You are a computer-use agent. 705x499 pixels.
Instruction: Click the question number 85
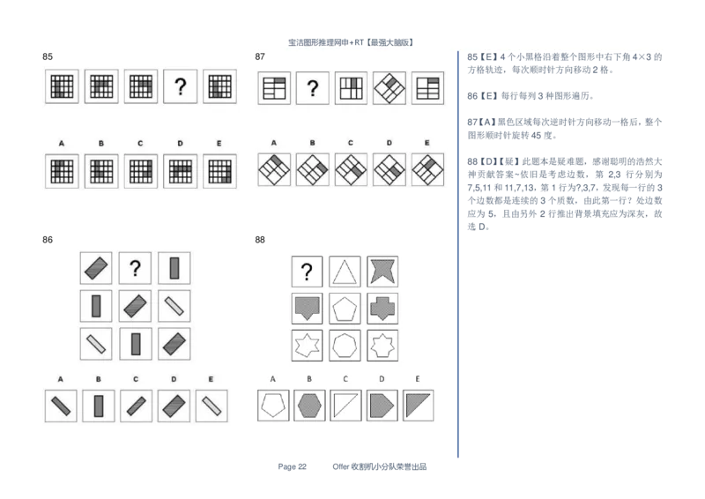(x=48, y=56)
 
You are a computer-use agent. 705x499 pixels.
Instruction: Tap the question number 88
(x=260, y=240)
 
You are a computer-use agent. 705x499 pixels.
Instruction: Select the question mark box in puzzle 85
(x=180, y=86)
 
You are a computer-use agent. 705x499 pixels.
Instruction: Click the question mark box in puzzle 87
(x=313, y=88)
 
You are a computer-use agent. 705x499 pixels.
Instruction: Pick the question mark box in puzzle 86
(x=135, y=268)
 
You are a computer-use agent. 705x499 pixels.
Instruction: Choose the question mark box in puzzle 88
(x=307, y=272)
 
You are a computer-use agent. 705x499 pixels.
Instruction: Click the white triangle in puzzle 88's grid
(x=345, y=272)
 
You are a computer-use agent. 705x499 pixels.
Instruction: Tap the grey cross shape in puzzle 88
(x=382, y=309)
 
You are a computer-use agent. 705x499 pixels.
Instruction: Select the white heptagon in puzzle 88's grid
(x=345, y=346)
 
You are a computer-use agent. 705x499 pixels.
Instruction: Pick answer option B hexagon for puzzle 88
(x=309, y=406)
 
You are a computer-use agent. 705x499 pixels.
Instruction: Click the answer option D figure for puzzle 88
(x=382, y=406)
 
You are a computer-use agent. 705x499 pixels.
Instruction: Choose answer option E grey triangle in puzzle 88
(x=418, y=406)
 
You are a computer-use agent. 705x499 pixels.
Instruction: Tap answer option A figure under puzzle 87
(x=274, y=170)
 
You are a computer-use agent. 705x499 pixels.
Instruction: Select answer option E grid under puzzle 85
(x=219, y=171)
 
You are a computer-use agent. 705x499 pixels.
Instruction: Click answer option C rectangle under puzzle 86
(x=137, y=406)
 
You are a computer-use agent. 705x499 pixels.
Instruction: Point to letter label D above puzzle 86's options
(x=174, y=379)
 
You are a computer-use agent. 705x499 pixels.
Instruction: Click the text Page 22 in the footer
(x=292, y=466)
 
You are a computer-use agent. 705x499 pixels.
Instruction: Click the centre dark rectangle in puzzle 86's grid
(x=135, y=306)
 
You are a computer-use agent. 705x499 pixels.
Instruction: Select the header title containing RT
(x=351, y=42)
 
